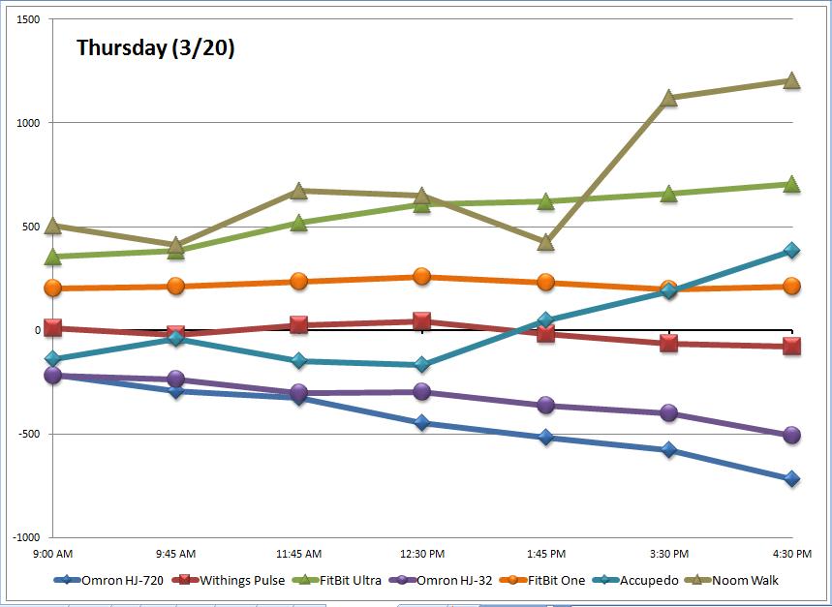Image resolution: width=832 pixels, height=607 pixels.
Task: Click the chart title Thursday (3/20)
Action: tap(155, 48)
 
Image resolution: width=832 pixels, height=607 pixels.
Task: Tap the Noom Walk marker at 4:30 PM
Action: tap(791, 80)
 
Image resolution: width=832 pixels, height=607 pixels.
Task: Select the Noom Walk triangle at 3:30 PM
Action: tap(668, 98)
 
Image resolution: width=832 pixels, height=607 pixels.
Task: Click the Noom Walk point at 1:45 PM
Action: tap(545, 242)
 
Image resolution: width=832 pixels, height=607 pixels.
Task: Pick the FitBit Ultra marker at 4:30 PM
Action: tap(791, 184)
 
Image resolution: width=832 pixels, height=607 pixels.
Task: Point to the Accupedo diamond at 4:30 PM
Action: tap(791, 251)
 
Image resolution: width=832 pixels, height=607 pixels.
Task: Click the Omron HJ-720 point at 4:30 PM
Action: tap(791, 478)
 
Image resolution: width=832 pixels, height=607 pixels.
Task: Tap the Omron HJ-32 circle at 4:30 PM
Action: tap(791, 436)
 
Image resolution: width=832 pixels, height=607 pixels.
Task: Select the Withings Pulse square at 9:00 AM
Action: tap(52, 328)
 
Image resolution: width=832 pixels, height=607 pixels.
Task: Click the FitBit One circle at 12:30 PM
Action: tap(422, 277)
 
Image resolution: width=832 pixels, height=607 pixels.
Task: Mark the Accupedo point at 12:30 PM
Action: tap(422, 365)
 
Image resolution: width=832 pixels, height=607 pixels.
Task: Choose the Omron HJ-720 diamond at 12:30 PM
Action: tap(422, 423)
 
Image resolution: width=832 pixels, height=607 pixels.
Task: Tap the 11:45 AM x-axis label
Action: tap(298, 554)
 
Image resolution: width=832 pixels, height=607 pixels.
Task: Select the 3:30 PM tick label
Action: tap(668, 554)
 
